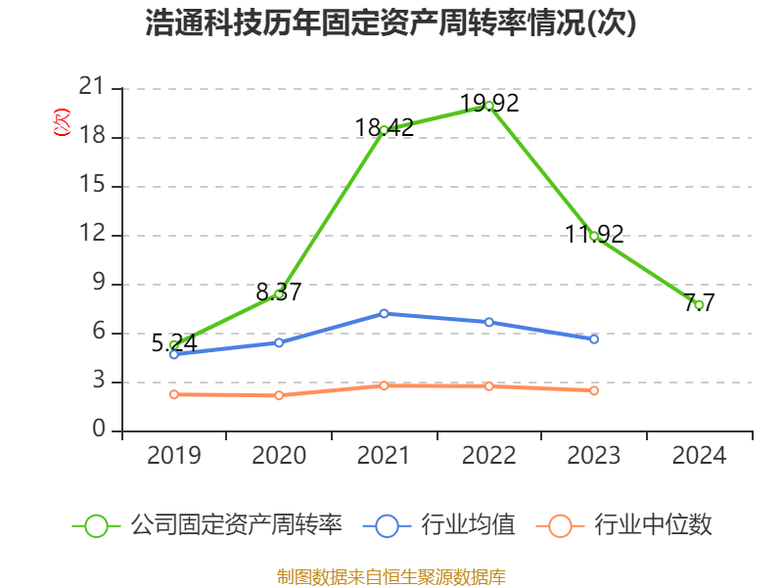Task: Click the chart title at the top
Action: pyautogui.click(x=391, y=23)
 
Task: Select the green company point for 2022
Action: pyautogui.click(x=488, y=106)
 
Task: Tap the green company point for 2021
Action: pyautogui.click(x=384, y=130)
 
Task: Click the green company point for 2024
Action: pyautogui.click(x=699, y=305)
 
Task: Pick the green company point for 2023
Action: pyautogui.click(x=594, y=236)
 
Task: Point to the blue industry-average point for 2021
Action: pyautogui.click(x=384, y=313)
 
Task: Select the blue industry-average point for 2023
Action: pyautogui.click(x=594, y=339)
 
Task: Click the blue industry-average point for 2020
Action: pyautogui.click(x=279, y=342)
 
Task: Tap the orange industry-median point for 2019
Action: pyautogui.click(x=173, y=394)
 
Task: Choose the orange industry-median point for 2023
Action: pyautogui.click(x=594, y=390)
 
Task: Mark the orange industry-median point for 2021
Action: pyautogui.click(x=384, y=385)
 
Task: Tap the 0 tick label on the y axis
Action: pyautogui.click(x=98, y=429)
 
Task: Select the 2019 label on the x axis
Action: pyautogui.click(x=173, y=455)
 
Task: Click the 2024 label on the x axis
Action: pyautogui.click(x=699, y=455)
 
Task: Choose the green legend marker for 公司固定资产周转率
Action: pyautogui.click(x=96, y=525)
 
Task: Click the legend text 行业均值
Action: pyautogui.click(x=468, y=525)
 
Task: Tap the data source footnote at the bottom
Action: pyautogui.click(x=391, y=575)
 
